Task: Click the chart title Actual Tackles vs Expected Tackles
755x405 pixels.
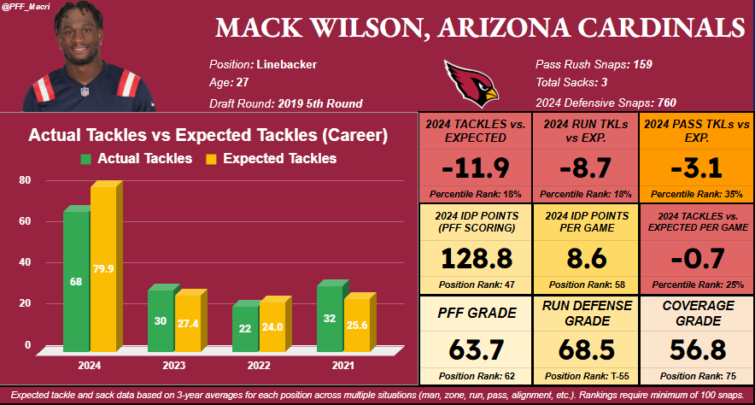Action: (208, 135)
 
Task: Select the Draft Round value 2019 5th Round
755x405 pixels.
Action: (320, 103)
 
